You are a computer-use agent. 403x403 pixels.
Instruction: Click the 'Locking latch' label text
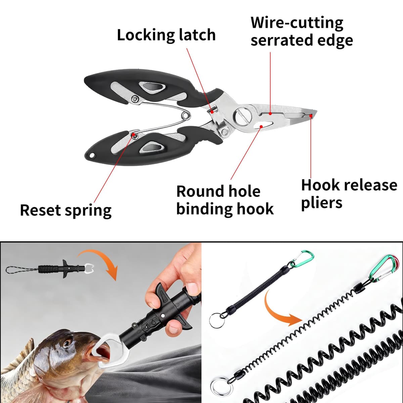(166, 35)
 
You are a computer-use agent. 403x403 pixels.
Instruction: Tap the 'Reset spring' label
(66, 210)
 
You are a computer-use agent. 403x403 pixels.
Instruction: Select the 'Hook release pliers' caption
(349, 194)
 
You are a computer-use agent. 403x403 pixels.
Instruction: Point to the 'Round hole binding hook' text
(225, 200)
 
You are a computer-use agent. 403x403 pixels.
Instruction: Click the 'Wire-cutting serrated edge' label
(302, 32)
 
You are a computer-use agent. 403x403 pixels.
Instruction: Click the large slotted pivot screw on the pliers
(242, 116)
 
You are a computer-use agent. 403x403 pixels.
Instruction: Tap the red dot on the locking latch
(212, 112)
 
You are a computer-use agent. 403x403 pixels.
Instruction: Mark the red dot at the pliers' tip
(311, 116)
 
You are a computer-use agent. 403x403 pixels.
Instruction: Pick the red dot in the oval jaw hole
(261, 126)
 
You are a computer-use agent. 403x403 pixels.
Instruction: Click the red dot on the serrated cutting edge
(270, 114)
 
